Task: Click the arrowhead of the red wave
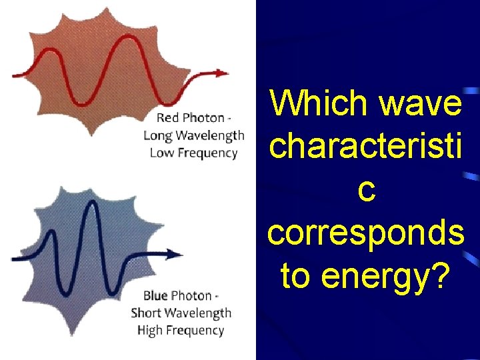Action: (222, 73)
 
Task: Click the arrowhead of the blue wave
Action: (177, 254)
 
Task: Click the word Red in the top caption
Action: (168, 118)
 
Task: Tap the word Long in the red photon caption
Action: (157, 135)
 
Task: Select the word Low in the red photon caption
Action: (161, 153)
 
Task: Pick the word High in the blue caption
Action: (150, 330)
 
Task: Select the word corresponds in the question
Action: (365, 233)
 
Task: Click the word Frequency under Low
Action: (207, 153)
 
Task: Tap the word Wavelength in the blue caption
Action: (198, 313)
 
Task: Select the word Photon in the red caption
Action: (203, 118)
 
